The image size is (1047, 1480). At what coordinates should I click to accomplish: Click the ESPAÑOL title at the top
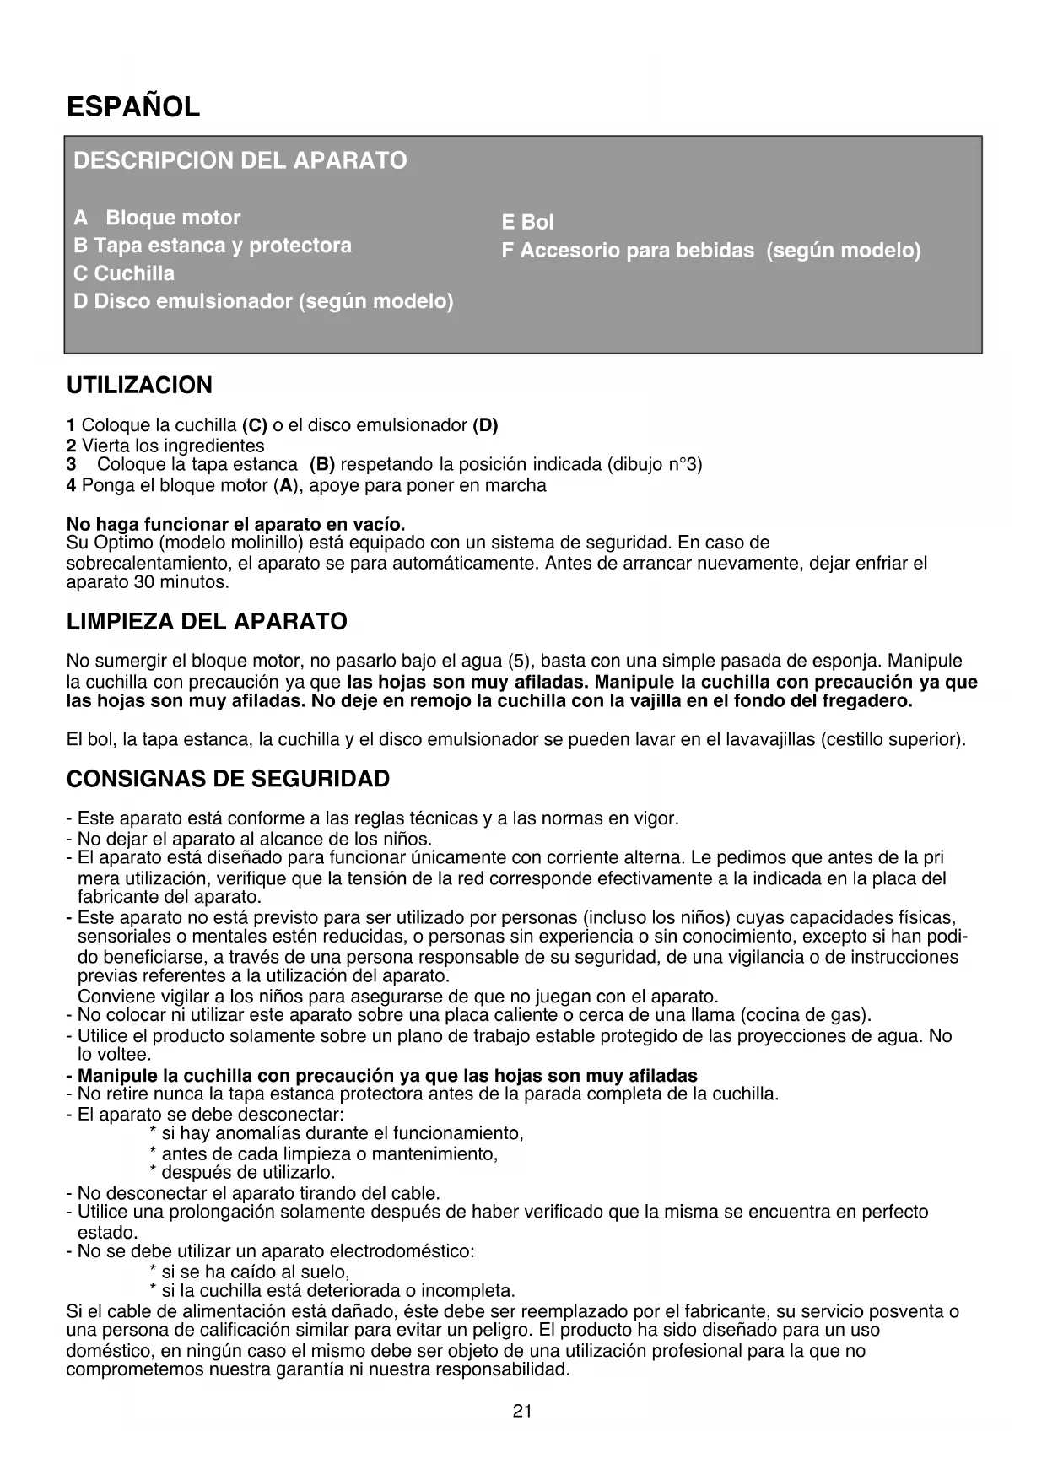point(133,107)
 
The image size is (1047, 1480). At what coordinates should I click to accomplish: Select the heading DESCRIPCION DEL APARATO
point(240,160)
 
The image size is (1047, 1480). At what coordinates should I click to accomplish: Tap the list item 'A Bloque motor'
point(157,218)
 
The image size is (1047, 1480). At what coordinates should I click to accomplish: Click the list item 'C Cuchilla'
point(125,273)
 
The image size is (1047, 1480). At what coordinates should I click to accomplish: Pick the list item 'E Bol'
point(527,222)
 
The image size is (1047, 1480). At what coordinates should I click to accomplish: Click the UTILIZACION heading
point(139,386)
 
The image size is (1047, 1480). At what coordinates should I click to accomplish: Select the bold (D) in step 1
point(485,425)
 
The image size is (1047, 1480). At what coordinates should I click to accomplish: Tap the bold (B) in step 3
point(322,465)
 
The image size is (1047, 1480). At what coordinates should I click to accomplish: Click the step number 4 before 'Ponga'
point(71,486)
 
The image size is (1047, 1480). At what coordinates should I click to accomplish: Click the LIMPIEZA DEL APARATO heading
point(207,622)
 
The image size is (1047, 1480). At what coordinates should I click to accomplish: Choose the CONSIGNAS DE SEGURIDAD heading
point(228,779)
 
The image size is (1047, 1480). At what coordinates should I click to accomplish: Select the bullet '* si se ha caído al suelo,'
point(250,1272)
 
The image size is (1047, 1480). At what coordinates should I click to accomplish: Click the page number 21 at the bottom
point(522,1411)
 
